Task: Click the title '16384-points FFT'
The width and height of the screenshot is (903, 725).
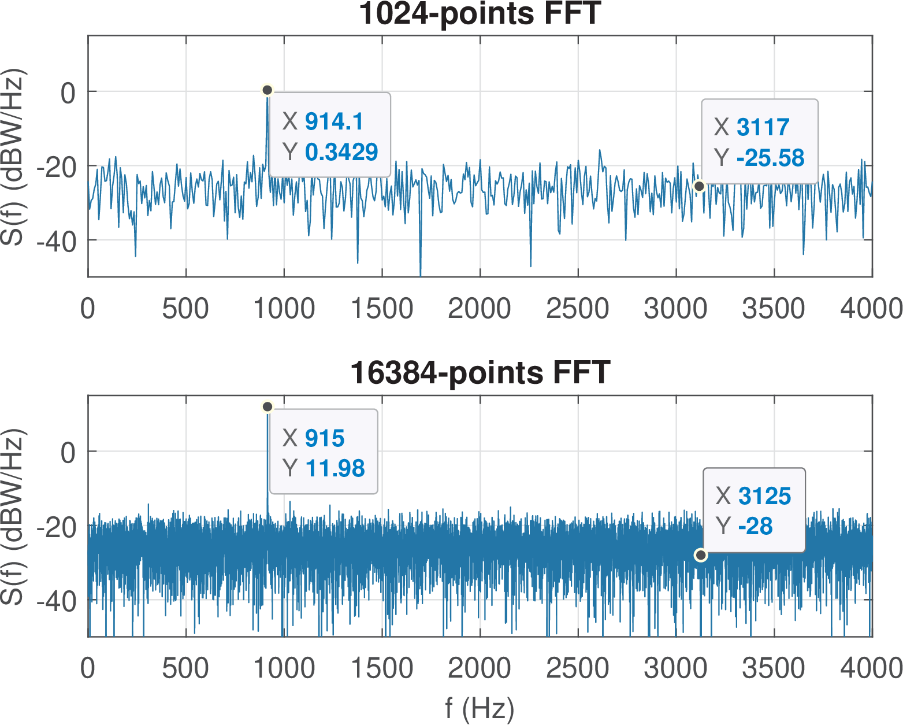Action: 480,372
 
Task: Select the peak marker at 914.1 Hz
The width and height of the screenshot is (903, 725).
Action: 267,90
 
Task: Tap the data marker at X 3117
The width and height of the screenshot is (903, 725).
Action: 699,186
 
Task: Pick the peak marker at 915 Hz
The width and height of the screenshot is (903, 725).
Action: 267,407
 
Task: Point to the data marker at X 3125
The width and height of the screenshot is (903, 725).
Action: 701,555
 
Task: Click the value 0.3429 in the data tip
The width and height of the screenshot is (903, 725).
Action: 341,152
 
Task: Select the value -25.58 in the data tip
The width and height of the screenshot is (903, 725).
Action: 770,158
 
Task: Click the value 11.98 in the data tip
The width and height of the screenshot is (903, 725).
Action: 335,468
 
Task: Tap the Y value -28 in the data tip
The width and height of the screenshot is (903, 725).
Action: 755,526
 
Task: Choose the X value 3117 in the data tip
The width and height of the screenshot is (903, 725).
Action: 763,127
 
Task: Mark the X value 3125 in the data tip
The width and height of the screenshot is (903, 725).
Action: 764,496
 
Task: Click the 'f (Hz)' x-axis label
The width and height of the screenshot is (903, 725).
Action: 480,708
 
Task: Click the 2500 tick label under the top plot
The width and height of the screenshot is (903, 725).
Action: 577,309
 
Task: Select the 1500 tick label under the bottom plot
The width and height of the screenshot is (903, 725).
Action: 382,669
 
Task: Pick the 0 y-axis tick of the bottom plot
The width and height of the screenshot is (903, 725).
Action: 68,452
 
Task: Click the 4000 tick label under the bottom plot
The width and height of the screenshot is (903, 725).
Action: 871,669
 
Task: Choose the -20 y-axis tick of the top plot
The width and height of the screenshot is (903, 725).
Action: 57,167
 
